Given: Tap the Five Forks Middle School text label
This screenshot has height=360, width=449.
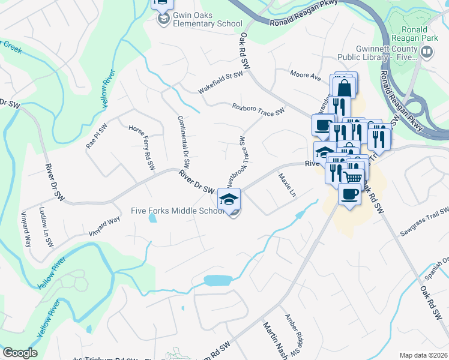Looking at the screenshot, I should point(177,211).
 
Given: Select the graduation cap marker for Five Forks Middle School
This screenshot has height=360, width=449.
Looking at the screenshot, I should point(229,200).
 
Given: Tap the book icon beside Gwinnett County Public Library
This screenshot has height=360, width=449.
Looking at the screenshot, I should point(427,53).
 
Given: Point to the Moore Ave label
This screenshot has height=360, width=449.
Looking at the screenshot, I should point(306,77).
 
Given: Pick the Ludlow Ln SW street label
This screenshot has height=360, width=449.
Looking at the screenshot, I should point(46,227).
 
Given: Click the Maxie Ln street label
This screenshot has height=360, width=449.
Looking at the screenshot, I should point(287,185).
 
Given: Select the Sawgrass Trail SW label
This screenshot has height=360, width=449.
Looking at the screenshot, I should point(426,218).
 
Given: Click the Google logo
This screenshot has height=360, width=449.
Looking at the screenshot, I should point(20,353).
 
